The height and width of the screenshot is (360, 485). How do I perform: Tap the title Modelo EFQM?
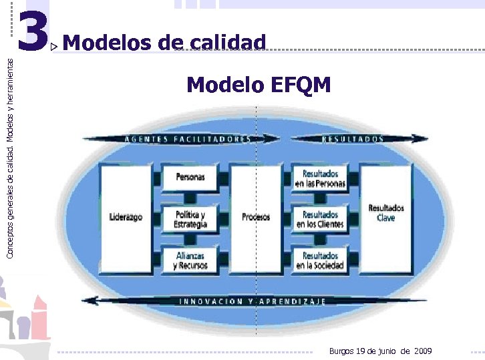pos(259,85)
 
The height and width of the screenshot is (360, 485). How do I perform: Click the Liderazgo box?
pos(126,217)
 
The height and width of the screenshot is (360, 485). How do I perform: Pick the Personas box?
pos(190,177)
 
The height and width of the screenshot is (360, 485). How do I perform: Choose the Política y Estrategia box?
pos(190,219)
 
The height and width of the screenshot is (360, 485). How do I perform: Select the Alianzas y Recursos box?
pos(190,260)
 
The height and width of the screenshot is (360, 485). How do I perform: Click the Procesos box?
pos(256,217)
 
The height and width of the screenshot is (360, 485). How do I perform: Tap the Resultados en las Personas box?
pos(321,178)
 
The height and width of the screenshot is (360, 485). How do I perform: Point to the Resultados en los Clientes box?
pos(321,219)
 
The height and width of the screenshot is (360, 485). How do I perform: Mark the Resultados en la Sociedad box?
pos(321,260)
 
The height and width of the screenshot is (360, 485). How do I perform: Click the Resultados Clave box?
pos(385,213)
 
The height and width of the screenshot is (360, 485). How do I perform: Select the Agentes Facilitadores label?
pos(188,139)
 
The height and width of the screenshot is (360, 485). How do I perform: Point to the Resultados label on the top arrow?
pos(353,139)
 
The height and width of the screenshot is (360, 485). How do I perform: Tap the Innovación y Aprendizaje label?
pos(253,301)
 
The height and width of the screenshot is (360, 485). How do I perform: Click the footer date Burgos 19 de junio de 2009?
pos(380,351)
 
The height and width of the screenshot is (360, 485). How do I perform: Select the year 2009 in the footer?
pos(423,351)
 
